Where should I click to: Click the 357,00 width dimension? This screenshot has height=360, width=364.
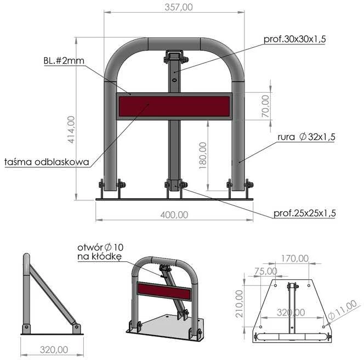pyautogui.click(x=179, y=7)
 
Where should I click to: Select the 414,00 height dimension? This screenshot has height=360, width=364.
pyautogui.click(x=71, y=130)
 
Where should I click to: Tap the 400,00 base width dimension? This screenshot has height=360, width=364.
pyautogui.click(x=174, y=215)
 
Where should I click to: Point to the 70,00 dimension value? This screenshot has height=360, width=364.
pyautogui.click(x=265, y=106)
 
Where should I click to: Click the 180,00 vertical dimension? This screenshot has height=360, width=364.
pyautogui.click(x=203, y=155)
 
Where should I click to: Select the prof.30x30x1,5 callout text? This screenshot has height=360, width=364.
pyautogui.click(x=295, y=39)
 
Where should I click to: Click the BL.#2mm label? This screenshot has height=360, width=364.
pyautogui.click(x=64, y=61)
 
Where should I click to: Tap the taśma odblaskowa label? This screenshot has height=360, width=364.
pyautogui.click(x=47, y=162)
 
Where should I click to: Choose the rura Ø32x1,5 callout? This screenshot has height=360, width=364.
pyautogui.click(x=306, y=137)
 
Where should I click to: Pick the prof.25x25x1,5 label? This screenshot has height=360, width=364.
pyautogui.click(x=305, y=213)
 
